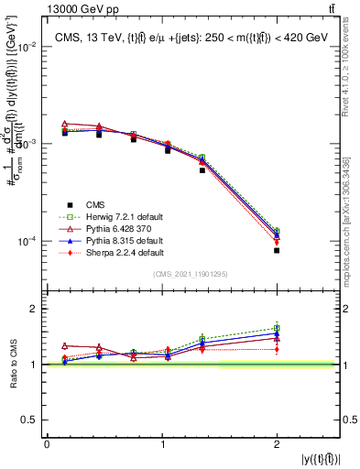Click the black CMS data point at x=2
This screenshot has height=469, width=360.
[x=276, y=250]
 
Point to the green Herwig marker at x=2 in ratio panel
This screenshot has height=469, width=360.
[x=276, y=328]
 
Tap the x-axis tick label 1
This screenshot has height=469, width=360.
[x=161, y=444]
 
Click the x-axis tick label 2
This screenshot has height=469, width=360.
[x=276, y=444]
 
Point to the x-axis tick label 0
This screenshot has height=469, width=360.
[x=47, y=444]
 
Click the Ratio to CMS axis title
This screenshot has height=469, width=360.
[x=11, y=365]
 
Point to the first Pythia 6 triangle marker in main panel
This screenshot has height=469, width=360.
[x=65, y=124]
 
